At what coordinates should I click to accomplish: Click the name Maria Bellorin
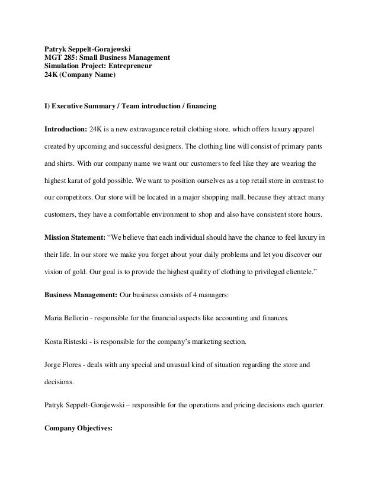(69, 318)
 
